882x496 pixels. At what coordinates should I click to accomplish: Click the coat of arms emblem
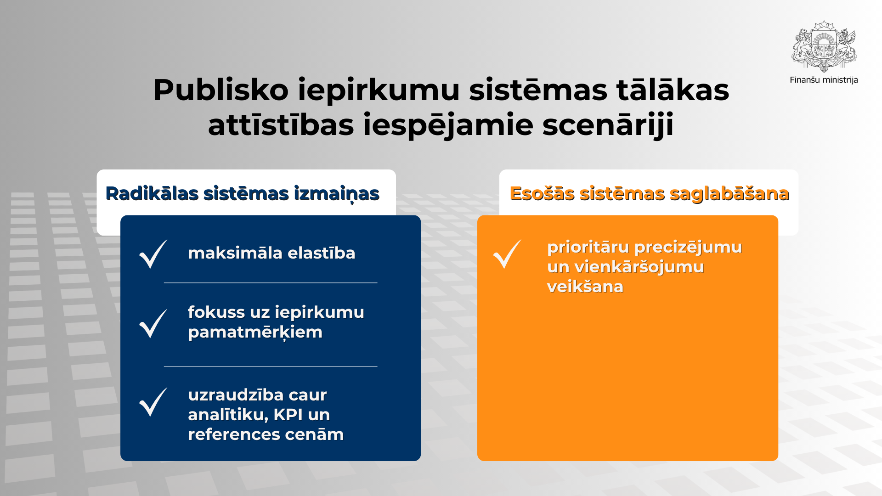coord(824,46)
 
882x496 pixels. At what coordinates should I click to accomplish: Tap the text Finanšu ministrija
coord(824,80)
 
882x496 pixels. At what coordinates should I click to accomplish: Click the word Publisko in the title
coord(220,90)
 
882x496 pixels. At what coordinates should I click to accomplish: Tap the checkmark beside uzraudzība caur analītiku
coord(153,402)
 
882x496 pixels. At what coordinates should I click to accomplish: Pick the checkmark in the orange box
coord(507,254)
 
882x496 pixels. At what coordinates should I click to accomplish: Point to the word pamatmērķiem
coord(255,333)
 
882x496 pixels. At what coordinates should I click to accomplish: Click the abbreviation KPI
coord(288,415)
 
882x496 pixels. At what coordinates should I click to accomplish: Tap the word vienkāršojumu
coord(639,267)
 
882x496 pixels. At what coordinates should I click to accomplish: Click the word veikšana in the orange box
coord(585,287)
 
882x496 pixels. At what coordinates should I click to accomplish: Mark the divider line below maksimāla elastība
coord(271,283)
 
